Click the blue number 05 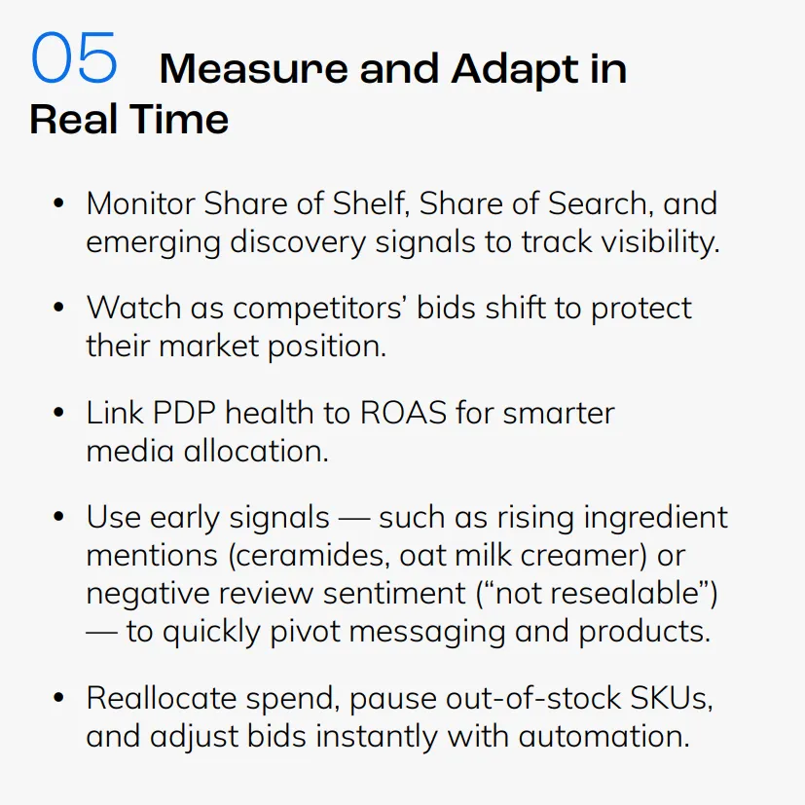(74, 57)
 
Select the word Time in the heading (179, 119)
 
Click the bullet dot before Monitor (58, 202)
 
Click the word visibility (660, 241)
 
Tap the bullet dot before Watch (58, 308)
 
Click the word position (327, 347)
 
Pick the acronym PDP (184, 413)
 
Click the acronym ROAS (404, 413)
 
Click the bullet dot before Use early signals (58, 516)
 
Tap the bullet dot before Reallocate (58, 698)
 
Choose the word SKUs (671, 698)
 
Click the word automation (604, 736)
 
